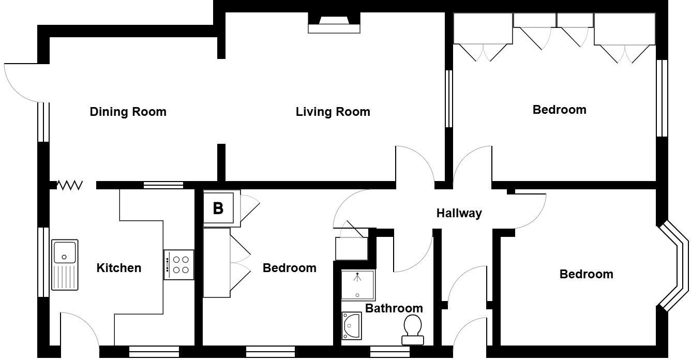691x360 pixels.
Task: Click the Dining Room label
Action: (x=128, y=112)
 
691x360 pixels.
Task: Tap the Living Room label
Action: (x=333, y=112)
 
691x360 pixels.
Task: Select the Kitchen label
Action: (x=119, y=268)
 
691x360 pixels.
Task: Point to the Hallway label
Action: (x=459, y=213)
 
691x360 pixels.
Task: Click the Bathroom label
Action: (x=394, y=308)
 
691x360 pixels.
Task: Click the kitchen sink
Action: (x=65, y=264)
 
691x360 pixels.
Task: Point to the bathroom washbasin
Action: (x=352, y=326)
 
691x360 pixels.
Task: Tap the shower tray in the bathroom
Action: (x=357, y=286)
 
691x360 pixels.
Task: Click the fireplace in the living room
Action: (x=334, y=24)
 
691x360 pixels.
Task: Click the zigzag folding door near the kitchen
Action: (x=69, y=185)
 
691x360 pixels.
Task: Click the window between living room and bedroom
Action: (x=449, y=98)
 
